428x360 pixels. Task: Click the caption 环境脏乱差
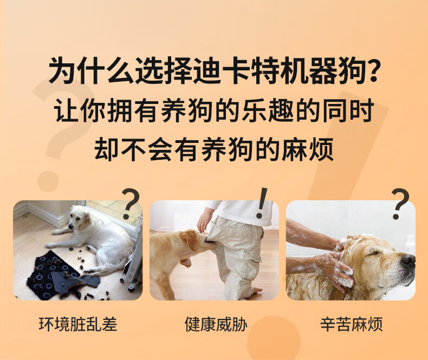coord(77,324)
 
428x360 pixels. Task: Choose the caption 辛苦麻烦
coord(351,324)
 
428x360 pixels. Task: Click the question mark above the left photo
coord(131,204)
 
